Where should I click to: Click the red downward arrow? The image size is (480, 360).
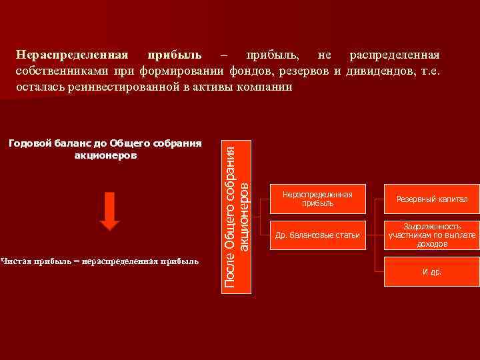pyautogui.click(x=110, y=211)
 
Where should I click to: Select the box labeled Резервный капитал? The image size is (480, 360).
pyautogui.click(x=432, y=199)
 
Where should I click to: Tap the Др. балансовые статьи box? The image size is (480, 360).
pyautogui.click(x=317, y=235)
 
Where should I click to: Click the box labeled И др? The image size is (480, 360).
pyautogui.click(x=432, y=271)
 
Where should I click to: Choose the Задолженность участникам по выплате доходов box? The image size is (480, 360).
pyautogui.click(x=432, y=235)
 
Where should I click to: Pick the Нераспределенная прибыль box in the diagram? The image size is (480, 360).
pyautogui.click(x=317, y=199)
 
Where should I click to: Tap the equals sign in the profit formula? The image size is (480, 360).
pyautogui.click(x=75, y=261)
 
